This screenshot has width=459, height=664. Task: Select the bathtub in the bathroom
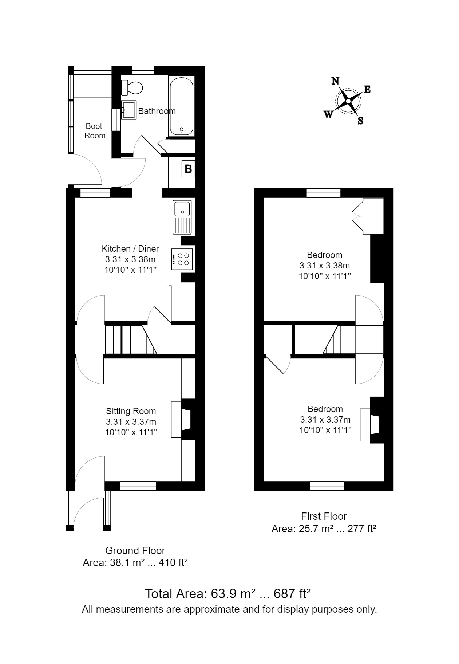[181, 106]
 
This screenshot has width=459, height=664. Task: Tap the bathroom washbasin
[128, 110]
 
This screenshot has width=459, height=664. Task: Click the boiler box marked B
[188, 169]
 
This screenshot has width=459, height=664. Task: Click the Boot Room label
[95, 131]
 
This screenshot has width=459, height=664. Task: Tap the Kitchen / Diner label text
[130, 249]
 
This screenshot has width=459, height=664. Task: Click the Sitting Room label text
[131, 411]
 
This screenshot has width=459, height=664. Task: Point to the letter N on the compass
[335, 81]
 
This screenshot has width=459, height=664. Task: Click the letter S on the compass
[360, 121]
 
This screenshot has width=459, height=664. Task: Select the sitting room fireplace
[186, 419]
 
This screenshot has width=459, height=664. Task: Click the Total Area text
[227, 593]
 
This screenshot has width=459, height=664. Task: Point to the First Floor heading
[324, 516]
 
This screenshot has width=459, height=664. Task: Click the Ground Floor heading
[135, 550]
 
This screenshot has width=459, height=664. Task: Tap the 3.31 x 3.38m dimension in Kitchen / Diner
[130, 259]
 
